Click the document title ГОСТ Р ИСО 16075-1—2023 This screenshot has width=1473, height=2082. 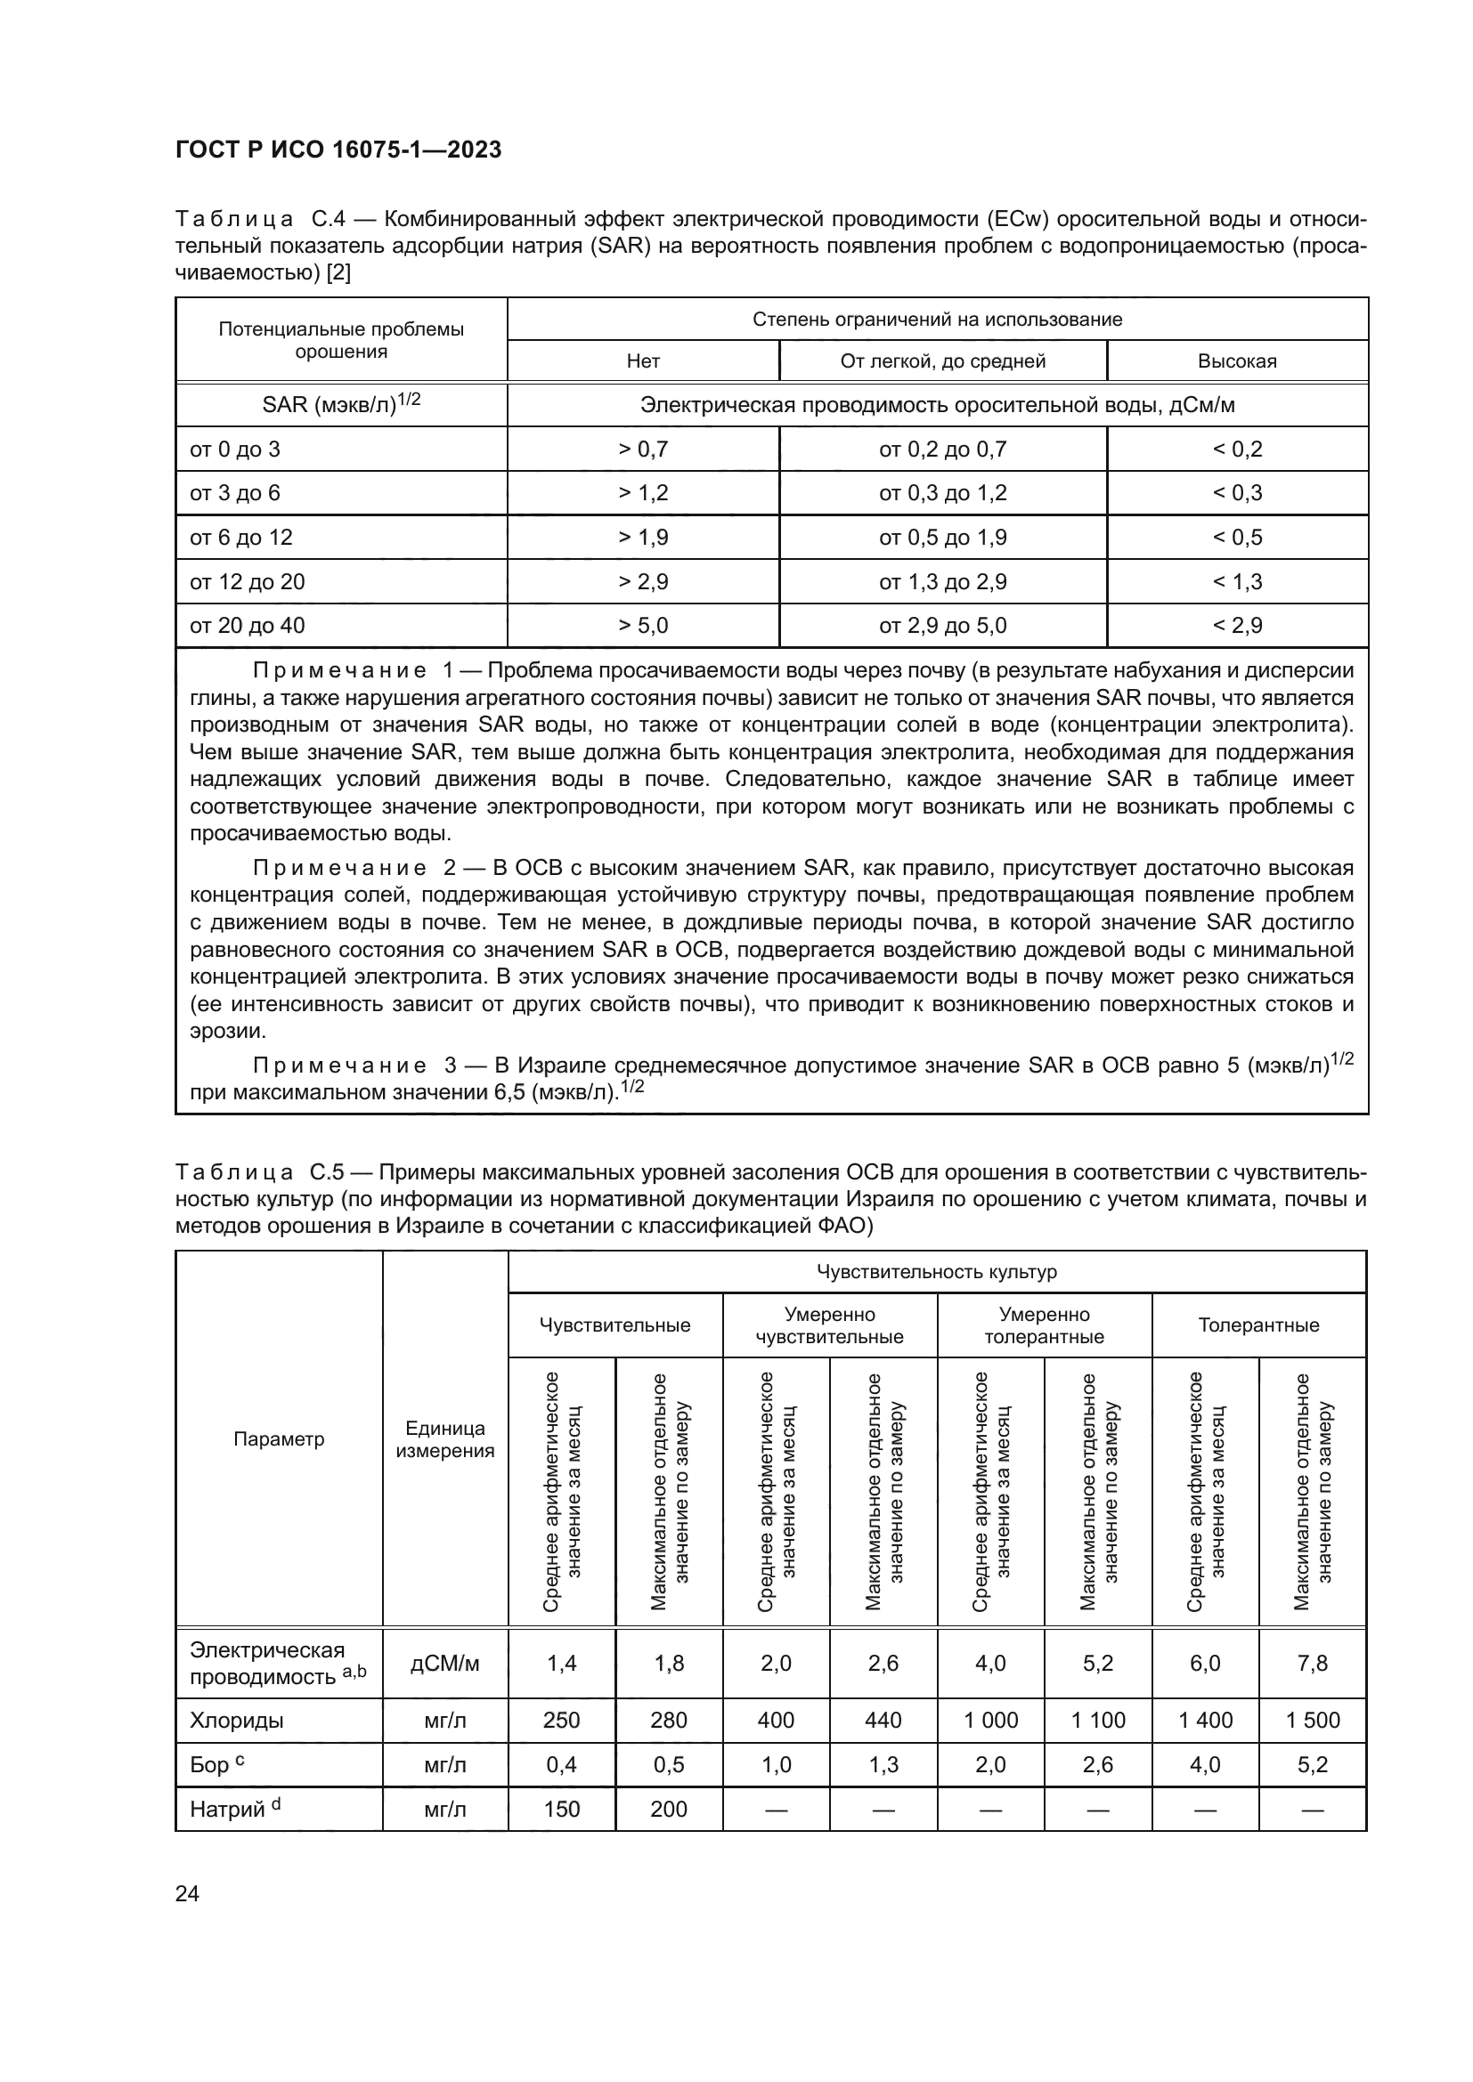coord(338,150)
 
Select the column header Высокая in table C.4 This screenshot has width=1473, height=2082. coord(1236,361)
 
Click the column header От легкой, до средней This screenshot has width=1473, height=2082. coord(942,361)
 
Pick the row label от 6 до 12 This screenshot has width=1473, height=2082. coord(240,537)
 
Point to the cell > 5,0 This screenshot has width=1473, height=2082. coord(643,625)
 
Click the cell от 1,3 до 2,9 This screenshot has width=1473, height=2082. coord(942,581)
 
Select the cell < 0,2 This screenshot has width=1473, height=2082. coord(1236,449)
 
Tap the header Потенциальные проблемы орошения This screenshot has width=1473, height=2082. coord(341,340)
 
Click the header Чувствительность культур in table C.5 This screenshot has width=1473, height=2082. coord(937,1271)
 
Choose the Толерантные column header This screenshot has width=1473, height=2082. coord(1258,1325)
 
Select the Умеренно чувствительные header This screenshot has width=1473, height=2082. coord(829,1325)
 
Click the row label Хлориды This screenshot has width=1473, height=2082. coord(237,1721)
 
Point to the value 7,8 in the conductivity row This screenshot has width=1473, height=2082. coord(1313,1662)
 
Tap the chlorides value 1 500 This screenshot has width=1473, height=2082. coord(1313,1721)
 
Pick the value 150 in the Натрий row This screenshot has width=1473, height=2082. coord(561,1809)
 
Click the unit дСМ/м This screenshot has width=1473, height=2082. coord(444,1662)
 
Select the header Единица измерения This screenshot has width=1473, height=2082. coord(444,1439)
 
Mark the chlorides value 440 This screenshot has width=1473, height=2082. coord(883,1721)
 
